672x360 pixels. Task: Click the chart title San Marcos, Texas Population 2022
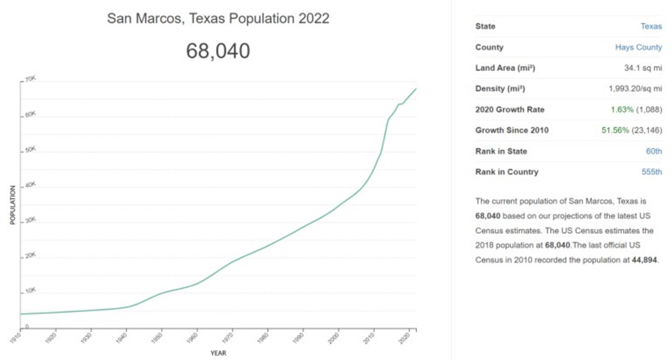click(218, 19)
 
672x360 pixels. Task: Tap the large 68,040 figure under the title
click(218, 51)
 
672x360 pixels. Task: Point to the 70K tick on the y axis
click(30, 80)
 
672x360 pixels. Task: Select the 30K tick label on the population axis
click(30, 220)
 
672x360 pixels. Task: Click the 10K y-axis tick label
click(30, 290)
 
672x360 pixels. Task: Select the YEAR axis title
click(218, 353)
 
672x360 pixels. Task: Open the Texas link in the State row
click(651, 27)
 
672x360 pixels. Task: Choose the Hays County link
click(638, 47)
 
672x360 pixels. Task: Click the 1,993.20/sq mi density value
click(635, 89)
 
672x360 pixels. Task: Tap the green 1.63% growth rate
click(622, 109)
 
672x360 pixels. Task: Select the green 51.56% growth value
click(614, 131)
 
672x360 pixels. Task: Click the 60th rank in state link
click(653, 151)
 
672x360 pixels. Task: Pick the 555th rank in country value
click(651, 172)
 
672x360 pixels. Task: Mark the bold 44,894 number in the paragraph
click(645, 261)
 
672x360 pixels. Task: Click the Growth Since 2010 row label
click(511, 131)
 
